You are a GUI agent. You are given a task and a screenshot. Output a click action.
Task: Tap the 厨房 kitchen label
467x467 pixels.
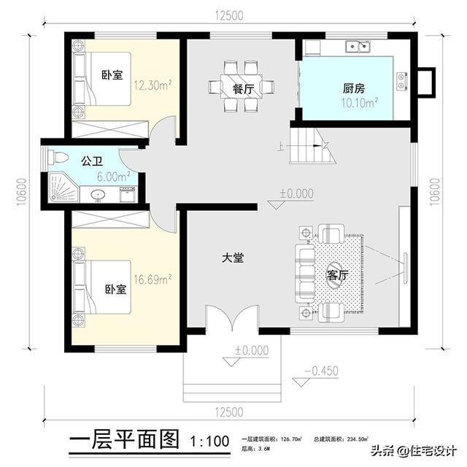tap(354, 88)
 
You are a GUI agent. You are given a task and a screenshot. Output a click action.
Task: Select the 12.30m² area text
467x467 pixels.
tap(153, 84)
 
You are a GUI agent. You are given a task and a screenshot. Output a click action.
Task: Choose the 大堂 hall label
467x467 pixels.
tap(233, 257)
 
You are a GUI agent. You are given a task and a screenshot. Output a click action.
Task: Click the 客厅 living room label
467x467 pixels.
tap(336, 275)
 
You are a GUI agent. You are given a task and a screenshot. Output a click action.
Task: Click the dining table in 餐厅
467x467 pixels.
tap(235, 86)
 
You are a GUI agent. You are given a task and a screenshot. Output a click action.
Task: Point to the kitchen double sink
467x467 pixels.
tap(358, 47)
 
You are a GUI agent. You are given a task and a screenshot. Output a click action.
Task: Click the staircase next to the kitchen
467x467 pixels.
tap(312, 146)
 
